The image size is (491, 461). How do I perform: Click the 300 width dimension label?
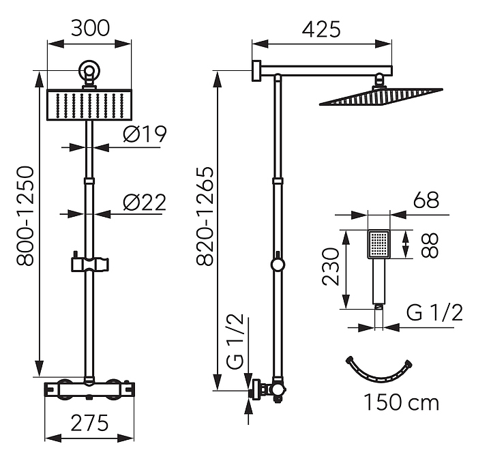point(90,28)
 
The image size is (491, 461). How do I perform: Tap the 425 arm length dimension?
point(321,29)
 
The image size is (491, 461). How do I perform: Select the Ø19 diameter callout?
point(145,134)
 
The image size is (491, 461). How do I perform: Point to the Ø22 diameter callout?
point(144,203)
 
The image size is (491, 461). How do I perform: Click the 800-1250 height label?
point(25,216)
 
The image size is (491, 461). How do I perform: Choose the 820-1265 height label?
point(205,216)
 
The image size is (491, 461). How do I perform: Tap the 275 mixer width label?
point(89,423)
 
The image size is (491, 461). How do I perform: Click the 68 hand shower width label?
point(426,200)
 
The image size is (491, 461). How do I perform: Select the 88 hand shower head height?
point(429,246)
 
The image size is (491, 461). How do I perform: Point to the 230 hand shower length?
point(330,267)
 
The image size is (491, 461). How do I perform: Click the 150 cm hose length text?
point(402,402)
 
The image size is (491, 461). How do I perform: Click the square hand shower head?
point(378,244)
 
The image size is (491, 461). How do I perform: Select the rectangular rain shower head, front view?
point(89,105)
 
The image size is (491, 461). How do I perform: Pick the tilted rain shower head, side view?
point(381,97)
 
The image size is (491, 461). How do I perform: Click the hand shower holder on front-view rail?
point(90,264)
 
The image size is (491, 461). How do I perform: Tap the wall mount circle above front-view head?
point(89,71)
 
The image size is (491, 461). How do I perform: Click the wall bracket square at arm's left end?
point(256,71)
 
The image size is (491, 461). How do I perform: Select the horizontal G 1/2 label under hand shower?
point(434,312)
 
